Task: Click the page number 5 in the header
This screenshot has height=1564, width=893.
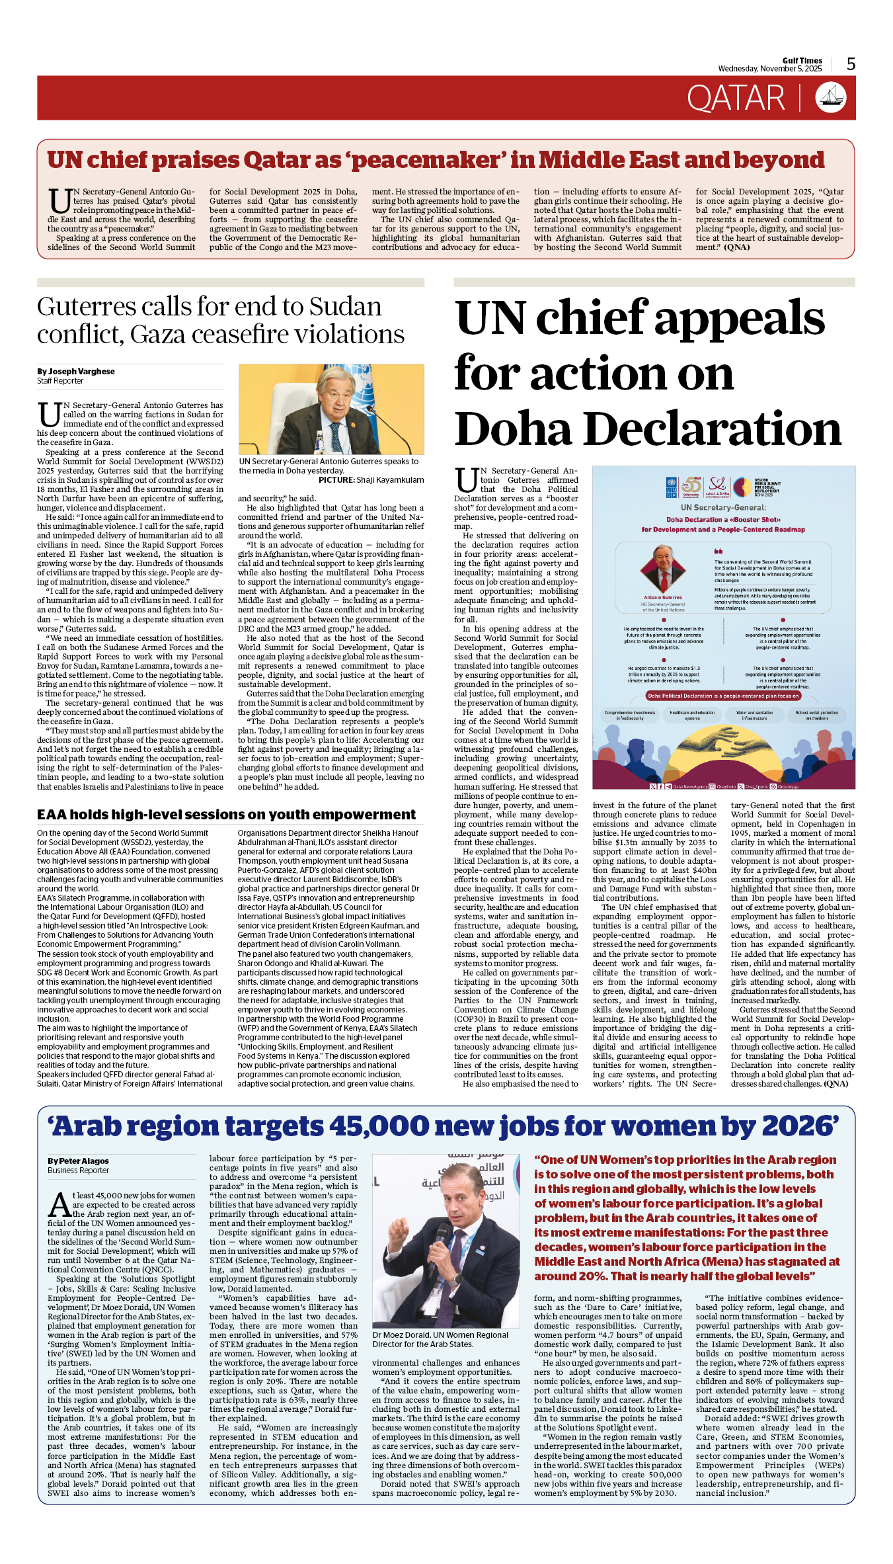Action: coord(851,64)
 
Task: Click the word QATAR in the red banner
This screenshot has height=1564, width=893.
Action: coord(735,99)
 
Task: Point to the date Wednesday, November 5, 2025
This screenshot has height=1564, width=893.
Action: coord(769,69)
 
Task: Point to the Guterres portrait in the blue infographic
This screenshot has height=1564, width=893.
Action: coord(663,568)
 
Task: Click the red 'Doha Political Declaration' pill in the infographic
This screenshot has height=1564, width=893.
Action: coord(723,696)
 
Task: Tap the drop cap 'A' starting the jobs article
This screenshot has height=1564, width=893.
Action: coord(59,1206)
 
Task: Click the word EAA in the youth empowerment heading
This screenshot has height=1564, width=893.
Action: coord(51,815)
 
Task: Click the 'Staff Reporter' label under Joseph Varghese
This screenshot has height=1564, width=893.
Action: coord(60,381)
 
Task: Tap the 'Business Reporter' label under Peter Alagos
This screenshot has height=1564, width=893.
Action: coord(78,1171)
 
